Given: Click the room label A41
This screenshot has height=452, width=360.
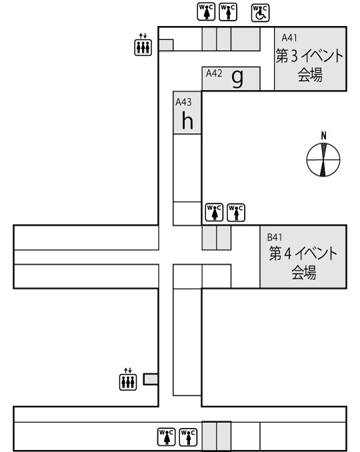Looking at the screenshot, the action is [x=289, y=38].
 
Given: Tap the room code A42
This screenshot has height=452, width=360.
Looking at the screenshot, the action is [x=214, y=73].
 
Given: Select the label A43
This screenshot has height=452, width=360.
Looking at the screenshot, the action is [x=183, y=102].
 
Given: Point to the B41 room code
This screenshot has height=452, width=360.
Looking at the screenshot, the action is [x=275, y=237].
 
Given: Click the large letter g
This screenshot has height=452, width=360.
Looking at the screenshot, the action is [x=238, y=79].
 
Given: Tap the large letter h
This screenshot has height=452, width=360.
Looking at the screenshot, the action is [x=187, y=120].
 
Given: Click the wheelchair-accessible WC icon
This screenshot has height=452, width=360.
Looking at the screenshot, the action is [x=260, y=13].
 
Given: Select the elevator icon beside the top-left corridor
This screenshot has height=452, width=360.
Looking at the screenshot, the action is [x=143, y=45].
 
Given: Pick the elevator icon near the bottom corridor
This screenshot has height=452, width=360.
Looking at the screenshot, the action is [x=128, y=379].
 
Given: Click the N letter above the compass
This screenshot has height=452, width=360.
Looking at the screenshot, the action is [x=324, y=136].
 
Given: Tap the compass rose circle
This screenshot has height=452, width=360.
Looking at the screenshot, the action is [x=323, y=159].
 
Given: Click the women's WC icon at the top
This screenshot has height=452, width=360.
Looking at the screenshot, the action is [x=206, y=11].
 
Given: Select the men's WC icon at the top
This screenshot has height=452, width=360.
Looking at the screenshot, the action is [x=228, y=11].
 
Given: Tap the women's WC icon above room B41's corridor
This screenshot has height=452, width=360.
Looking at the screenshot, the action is [x=214, y=212].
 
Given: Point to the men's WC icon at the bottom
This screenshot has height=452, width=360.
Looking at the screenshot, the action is [x=188, y=437].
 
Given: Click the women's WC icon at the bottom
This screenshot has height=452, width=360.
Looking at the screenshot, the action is [x=167, y=437].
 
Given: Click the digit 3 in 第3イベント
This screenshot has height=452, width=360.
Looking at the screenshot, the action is [x=294, y=56].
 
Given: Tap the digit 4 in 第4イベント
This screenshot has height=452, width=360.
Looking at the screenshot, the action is [x=287, y=253].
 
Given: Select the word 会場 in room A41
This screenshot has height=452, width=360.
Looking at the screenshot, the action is [x=310, y=75].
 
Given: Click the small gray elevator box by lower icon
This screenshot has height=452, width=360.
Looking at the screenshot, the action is [x=151, y=379].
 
